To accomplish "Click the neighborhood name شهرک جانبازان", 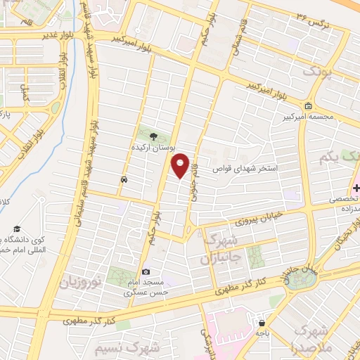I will coord(223,250).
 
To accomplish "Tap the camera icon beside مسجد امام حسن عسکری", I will coord(146,272).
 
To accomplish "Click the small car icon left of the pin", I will coord(124,179).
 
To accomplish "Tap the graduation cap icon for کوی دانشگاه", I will coord(16,229).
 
